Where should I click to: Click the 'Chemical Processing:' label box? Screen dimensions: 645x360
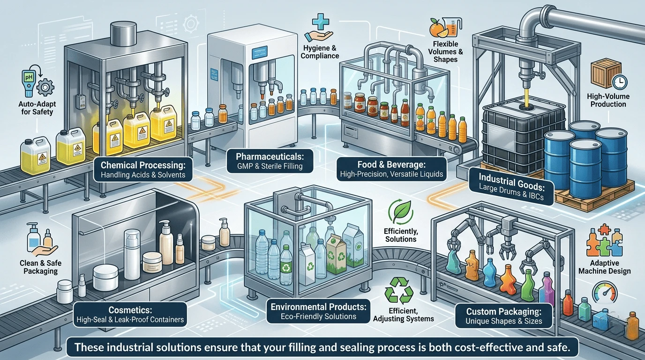coord(143,169)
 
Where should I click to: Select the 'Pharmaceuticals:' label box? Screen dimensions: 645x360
coord(270,161)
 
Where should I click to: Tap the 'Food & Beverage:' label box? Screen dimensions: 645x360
coord(391,169)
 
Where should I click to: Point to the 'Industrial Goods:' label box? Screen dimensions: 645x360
coord(511,187)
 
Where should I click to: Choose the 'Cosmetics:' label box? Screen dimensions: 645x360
coord(130,314)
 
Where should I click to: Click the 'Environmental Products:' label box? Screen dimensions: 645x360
coord(318,311)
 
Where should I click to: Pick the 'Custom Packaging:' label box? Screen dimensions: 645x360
coord(504,316)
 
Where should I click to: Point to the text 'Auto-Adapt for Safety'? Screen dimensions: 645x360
coord(37,108)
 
